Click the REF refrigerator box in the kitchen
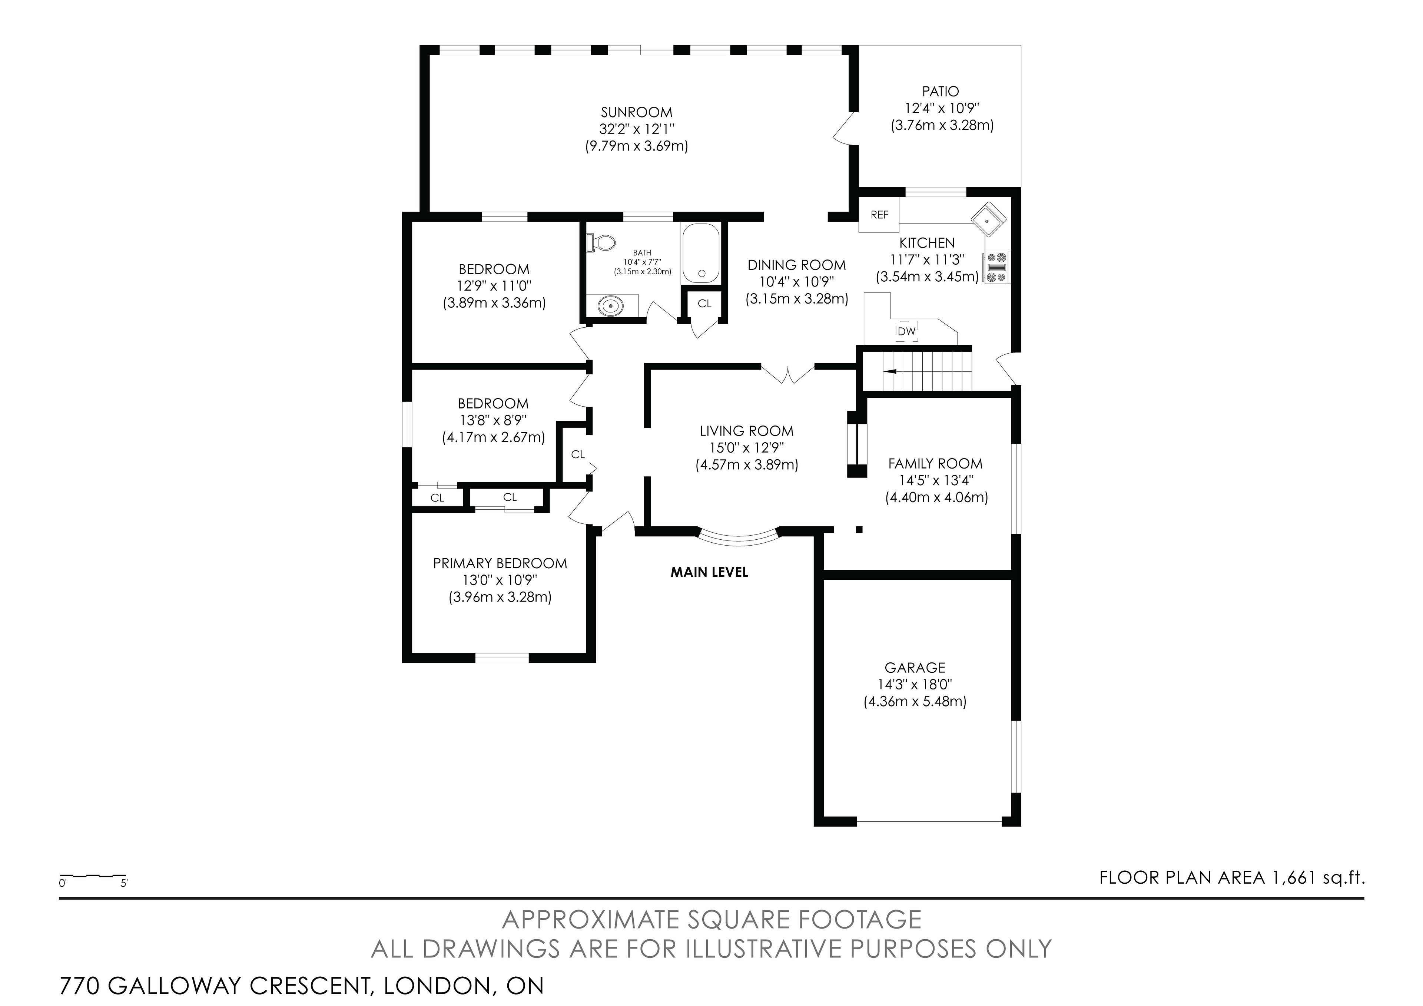pyautogui.click(x=879, y=215)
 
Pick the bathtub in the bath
pyautogui.click(x=701, y=254)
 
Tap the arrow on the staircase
pyautogui.click(x=890, y=371)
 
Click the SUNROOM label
pyautogui.click(x=637, y=112)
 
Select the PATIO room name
pyautogui.click(x=940, y=91)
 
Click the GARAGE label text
pyautogui.click(x=915, y=668)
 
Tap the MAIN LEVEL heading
pyautogui.click(x=709, y=572)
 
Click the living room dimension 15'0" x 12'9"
pyautogui.click(x=747, y=447)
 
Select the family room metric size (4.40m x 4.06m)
pyautogui.click(x=936, y=497)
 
